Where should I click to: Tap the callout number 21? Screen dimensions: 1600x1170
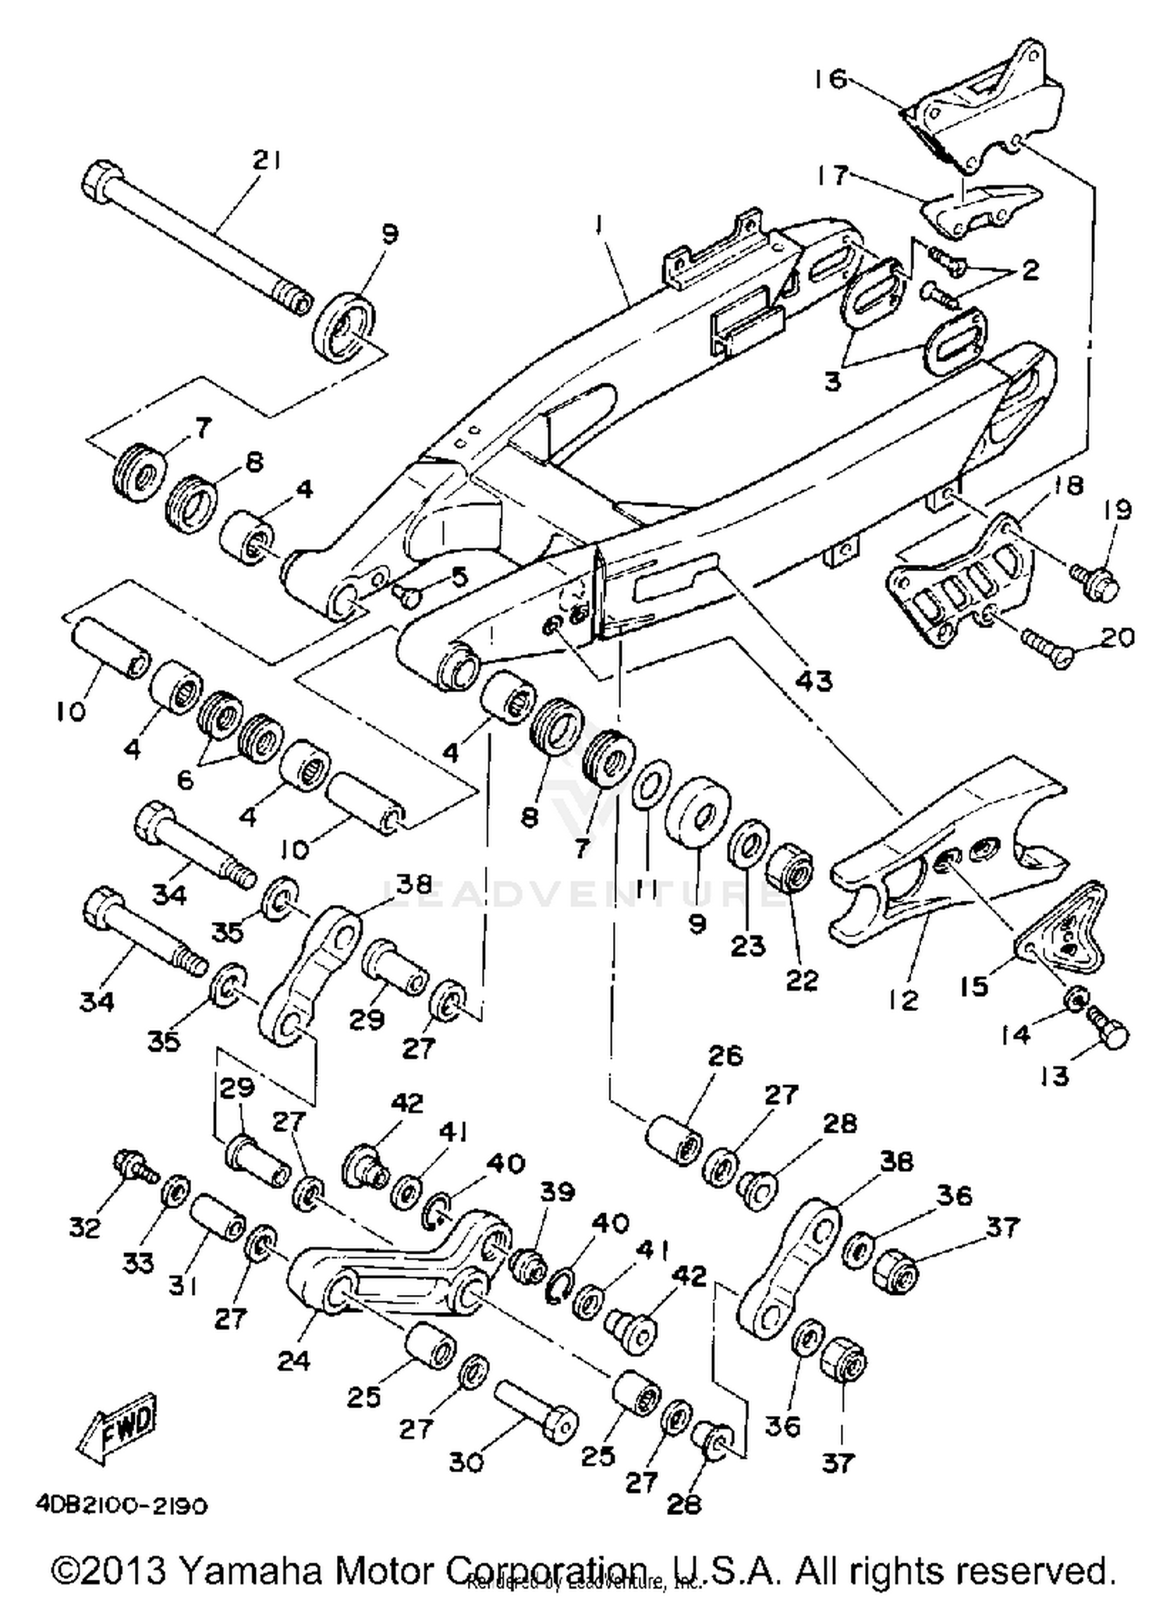point(268,160)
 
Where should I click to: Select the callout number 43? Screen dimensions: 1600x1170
point(814,680)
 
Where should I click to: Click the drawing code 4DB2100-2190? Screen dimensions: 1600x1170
point(122,1506)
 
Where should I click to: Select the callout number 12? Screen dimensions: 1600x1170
point(902,999)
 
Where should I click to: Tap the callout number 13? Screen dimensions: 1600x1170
point(1054,1076)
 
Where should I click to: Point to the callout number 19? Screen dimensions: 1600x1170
point(1118,510)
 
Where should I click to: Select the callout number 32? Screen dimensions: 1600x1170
point(85,1228)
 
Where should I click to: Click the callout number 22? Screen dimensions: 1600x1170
point(800,981)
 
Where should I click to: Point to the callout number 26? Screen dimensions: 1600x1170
point(725,1055)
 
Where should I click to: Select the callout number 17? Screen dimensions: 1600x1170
point(831,175)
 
